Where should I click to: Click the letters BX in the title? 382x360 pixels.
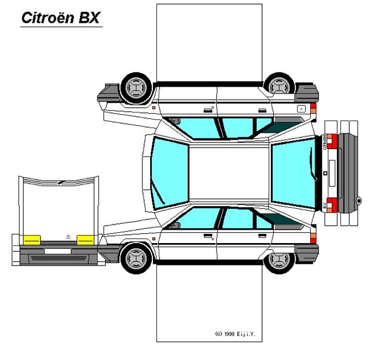[89, 18]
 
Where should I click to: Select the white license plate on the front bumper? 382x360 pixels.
[57, 251]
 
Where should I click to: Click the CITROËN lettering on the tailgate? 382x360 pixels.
[325, 142]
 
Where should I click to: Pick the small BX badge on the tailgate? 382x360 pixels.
[325, 204]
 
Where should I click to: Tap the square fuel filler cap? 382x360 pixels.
[300, 109]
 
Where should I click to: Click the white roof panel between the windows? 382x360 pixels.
[229, 173]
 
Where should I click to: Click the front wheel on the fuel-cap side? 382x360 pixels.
[137, 86]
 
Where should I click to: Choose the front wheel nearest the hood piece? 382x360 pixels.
[137, 258]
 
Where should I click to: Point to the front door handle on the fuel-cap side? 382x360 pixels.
[208, 109]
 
